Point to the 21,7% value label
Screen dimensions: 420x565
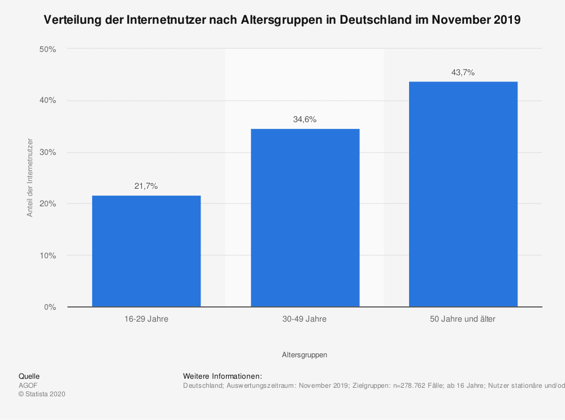click(146, 186)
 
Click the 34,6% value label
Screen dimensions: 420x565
click(305, 119)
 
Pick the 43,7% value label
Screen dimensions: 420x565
click(463, 72)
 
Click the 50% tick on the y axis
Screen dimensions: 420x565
click(47, 49)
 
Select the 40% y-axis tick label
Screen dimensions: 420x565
click(47, 101)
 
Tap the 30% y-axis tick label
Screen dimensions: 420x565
click(47, 152)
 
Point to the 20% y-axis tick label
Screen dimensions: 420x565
click(47, 203)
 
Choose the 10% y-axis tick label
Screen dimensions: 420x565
click(47, 256)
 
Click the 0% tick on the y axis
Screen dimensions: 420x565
click(50, 307)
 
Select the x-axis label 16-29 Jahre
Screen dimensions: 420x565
click(146, 319)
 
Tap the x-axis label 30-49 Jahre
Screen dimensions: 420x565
click(305, 319)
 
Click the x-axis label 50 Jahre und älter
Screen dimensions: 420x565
click(463, 319)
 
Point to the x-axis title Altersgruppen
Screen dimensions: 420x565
click(305, 355)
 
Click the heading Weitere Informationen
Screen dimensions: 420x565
click(223, 376)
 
